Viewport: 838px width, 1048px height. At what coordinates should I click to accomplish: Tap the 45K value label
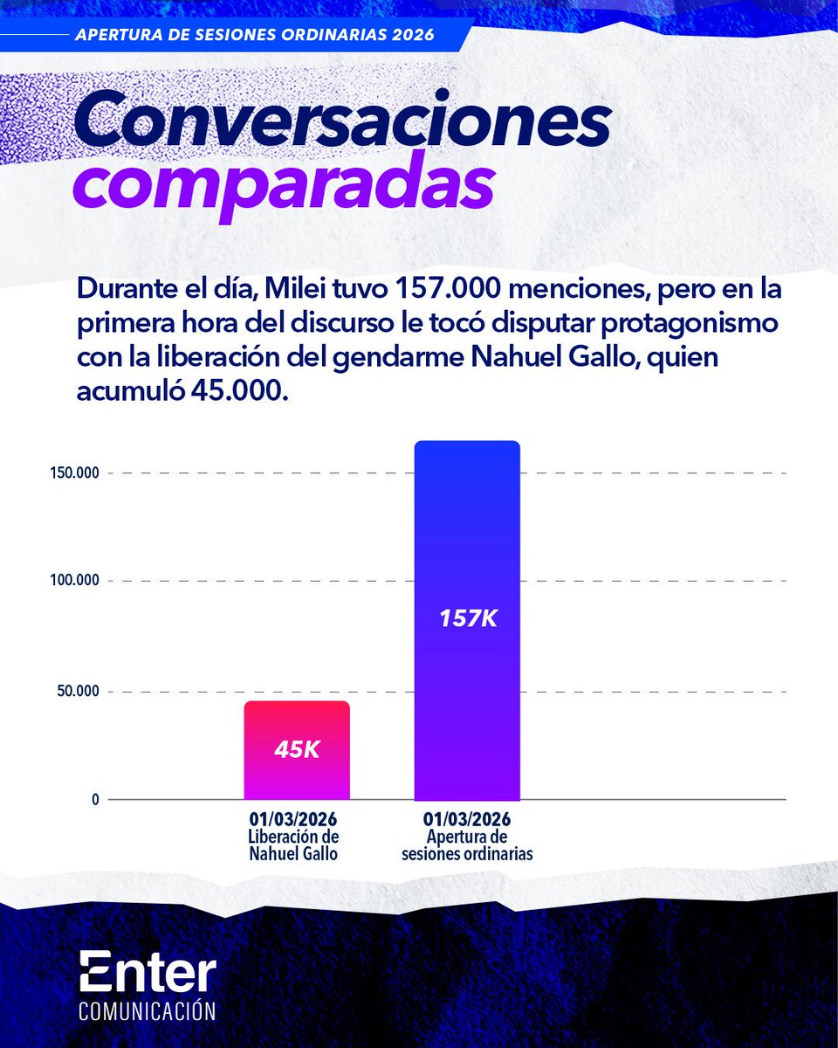point(297,749)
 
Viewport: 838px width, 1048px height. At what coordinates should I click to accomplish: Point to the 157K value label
point(466,618)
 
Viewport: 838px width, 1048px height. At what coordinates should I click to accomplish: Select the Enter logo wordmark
point(147,971)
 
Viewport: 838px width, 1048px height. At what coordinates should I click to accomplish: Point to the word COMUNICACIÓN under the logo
point(147,1010)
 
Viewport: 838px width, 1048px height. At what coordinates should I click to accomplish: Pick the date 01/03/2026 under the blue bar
point(466,821)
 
